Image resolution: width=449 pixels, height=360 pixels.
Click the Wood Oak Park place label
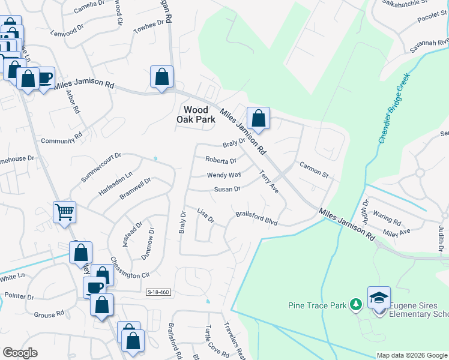click(196, 115)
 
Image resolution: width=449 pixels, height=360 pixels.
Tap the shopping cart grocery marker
click(64, 211)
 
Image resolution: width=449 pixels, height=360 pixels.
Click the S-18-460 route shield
click(158, 292)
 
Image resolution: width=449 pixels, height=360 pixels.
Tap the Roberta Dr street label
click(220, 160)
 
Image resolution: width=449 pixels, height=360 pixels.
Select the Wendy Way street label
click(223, 175)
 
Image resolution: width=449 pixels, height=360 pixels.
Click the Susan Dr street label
click(228, 190)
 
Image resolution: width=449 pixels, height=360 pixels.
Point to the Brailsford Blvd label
click(256, 218)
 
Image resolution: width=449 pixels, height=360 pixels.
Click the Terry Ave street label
click(268, 181)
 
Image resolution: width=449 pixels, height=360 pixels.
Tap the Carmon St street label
click(313, 171)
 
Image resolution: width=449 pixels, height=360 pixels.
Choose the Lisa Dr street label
click(206, 215)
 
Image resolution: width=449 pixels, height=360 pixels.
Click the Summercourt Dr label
click(101, 167)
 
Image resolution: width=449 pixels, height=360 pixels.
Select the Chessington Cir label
click(128, 266)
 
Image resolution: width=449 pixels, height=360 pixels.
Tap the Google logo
click(20, 353)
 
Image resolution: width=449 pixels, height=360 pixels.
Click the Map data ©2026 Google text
click(412, 355)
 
